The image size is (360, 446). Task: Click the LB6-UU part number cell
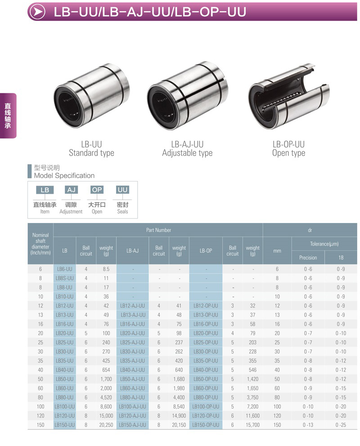[x=64, y=269]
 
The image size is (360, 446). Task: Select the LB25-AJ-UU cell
[x=132, y=342]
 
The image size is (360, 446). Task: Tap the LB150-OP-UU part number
[x=206, y=425]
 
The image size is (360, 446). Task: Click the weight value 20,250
[x=106, y=425]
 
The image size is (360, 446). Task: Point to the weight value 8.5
[x=106, y=269]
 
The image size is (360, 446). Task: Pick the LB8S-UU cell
[x=64, y=278]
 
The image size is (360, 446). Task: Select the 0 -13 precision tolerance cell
[x=308, y=425]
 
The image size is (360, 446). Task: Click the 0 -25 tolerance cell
[x=341, y=425]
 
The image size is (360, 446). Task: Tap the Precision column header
[x=308, y=258]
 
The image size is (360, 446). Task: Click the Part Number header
[x=158, y=230]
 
